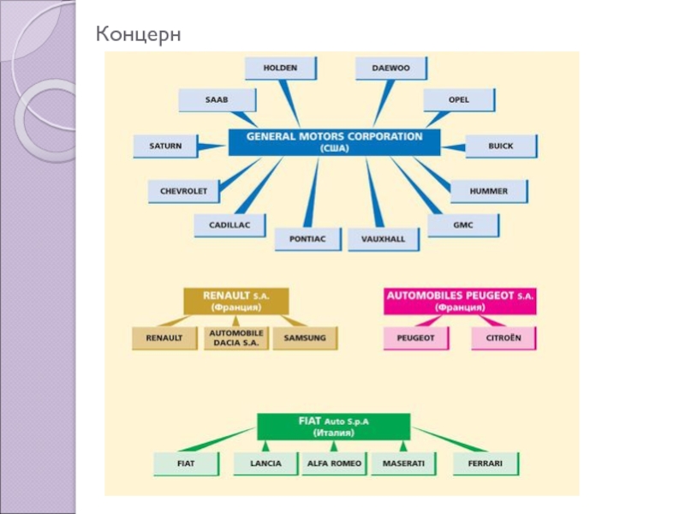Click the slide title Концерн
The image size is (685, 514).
[139, 34]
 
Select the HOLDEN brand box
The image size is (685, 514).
[280, 68]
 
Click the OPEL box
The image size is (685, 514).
[458, 100]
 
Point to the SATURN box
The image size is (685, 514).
[166, 146]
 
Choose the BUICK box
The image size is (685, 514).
[501, 146]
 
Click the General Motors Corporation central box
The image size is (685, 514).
[334, 141]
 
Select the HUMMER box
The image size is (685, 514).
[488, 191]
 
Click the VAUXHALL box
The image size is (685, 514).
[384, 239]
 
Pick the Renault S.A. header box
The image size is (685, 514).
[235, 300]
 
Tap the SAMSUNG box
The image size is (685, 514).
[305, 338]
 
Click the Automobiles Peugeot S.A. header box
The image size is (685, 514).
[460, 301]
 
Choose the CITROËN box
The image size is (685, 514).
[503, 338]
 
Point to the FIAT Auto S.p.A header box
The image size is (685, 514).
[334, 426]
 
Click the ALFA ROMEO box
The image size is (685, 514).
[334, 463]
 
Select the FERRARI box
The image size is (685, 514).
[485, 463]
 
